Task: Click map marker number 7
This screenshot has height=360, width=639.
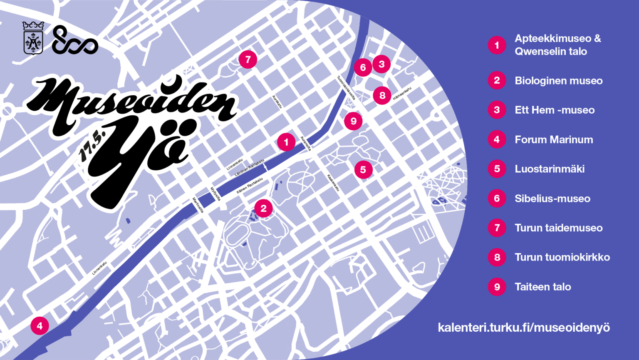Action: pos(248,60)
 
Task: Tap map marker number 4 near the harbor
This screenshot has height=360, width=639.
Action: pos(40,325)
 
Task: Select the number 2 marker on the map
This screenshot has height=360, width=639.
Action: pos(263,208)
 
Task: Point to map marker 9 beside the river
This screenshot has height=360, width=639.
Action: pos(353,121)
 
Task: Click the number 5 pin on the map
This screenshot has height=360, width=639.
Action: pos(363,169)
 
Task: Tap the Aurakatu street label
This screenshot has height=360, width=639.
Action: pos(277,102)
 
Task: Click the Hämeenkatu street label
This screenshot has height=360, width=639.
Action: pos(402,93)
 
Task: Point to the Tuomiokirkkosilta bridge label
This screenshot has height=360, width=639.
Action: pos(346,87)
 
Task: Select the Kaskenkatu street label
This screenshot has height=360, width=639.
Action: pos(333,183)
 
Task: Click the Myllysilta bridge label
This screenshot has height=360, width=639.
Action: pos(215,194)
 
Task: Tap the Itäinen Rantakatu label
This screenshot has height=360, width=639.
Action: pos(250,186)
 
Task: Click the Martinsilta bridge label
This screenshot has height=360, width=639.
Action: pos(198,205)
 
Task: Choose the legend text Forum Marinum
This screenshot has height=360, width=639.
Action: pos(554,139)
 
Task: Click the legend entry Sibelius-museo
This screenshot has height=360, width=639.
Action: pos(552,199)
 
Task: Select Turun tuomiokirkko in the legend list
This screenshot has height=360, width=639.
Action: pos(562,257)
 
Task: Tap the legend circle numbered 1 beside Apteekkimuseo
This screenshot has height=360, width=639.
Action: pos(497,45)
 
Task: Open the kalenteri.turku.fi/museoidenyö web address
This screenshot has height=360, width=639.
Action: pos(524,328)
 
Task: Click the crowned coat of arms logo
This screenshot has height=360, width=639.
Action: pos(33,38)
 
